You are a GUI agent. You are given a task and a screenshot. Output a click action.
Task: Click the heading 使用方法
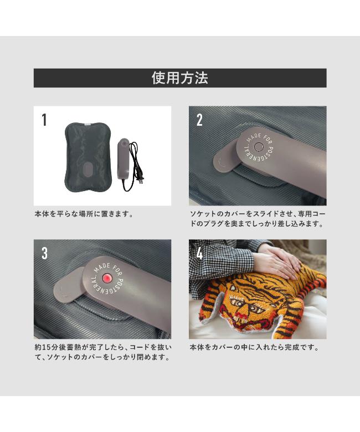coord(180,78)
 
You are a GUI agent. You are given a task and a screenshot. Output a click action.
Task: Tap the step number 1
coord(44,120)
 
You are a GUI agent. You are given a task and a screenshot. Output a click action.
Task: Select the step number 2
coord(199,120)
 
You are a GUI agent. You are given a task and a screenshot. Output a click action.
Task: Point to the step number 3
coord(45,253)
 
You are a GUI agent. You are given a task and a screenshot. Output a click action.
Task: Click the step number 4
coord(199,253)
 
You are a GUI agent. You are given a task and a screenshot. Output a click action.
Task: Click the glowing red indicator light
coord(106,278)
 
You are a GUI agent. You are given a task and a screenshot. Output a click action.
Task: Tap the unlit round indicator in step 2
coord(258,147)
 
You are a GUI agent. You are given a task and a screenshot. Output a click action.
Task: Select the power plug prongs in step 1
coord(140,181)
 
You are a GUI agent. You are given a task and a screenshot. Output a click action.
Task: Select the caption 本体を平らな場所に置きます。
coord(84,214)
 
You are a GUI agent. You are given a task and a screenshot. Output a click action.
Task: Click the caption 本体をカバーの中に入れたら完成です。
coord(254,347)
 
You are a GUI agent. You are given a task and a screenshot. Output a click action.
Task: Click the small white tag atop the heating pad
coord(88,124)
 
